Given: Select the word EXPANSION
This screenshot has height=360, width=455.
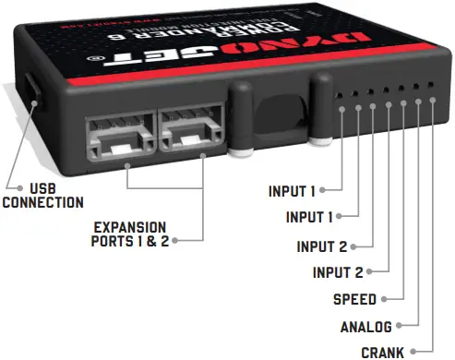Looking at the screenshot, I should pos(129,227).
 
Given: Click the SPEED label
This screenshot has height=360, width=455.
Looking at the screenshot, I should pos(354,299).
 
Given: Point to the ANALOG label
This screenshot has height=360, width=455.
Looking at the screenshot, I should pos(366,326).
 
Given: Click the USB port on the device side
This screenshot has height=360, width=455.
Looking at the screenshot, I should pos(31,92).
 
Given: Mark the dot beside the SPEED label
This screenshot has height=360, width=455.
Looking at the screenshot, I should pos(384,299).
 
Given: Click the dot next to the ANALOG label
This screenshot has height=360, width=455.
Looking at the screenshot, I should pos(400,326).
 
